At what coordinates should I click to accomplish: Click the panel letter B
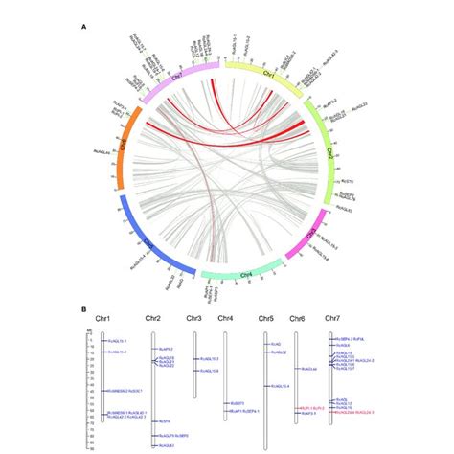pos(86,308)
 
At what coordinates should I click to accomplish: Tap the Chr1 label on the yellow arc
pos(270,75)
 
